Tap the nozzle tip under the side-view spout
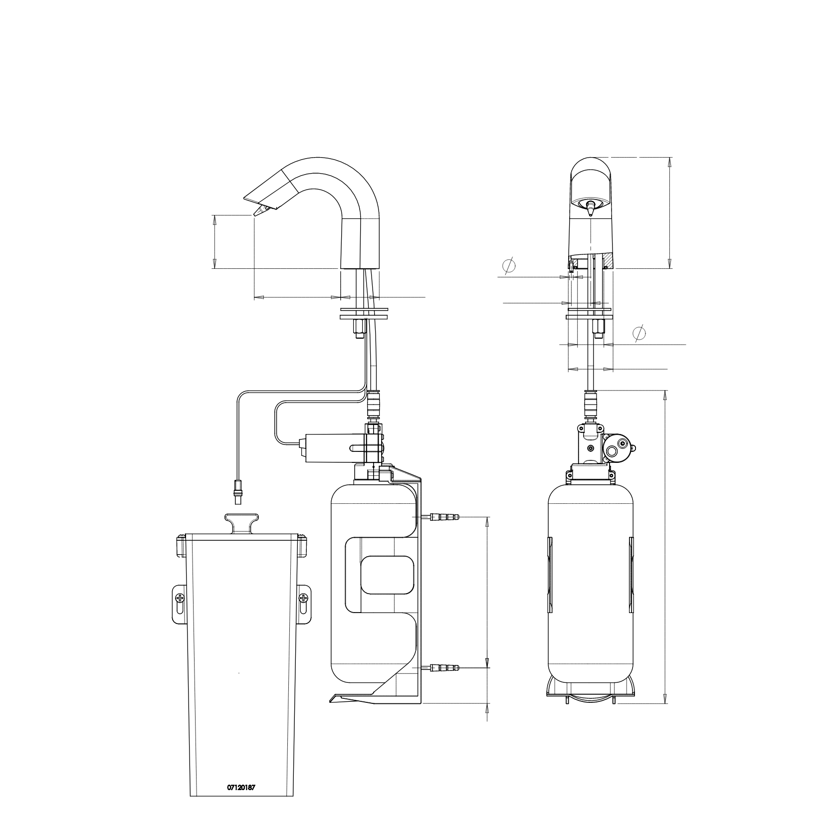(x=258, y=211)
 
